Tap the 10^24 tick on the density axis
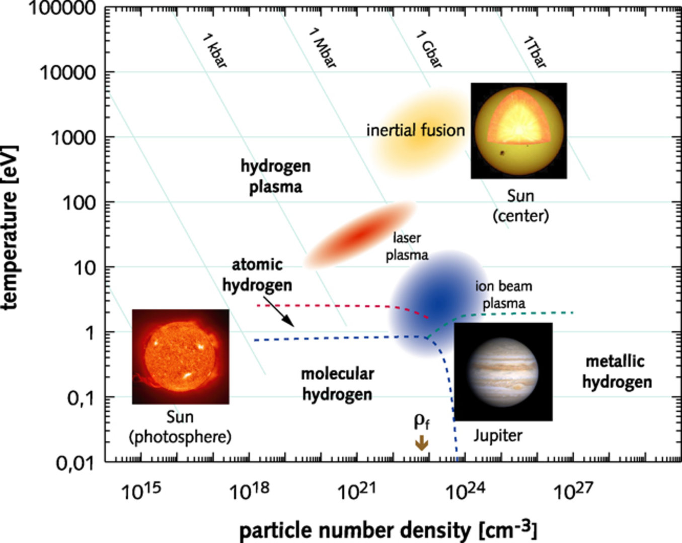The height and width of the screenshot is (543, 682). tap(465, 491)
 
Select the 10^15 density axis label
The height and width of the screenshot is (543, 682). tap(141, 491)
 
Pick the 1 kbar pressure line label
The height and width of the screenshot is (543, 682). tap(215, 50)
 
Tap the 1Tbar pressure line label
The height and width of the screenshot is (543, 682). tap(535, 51)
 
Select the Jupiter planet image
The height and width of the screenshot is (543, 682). tap(503, 372)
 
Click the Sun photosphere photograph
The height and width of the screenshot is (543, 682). tap(180, 356)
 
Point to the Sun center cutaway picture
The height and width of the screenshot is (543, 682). tap(518, 131)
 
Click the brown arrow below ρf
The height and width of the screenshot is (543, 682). tap(422, 443)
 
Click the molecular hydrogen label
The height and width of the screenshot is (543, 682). tap(337, 384)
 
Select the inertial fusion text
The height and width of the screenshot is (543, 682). tap(415, 130)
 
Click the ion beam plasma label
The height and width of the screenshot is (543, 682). tap(503, 295)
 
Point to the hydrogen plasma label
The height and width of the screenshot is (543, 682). tap(276, 176)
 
